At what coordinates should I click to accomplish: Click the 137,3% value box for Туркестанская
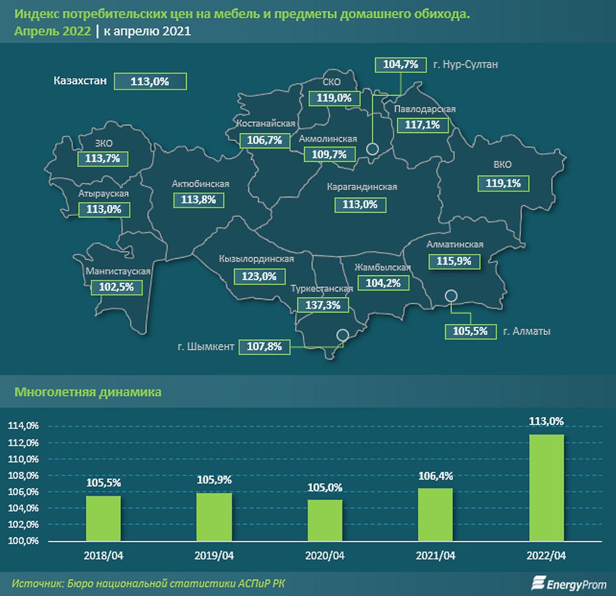[323, 305]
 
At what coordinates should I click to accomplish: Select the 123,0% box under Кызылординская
[259, 276]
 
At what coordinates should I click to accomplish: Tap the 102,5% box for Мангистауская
[117, 287]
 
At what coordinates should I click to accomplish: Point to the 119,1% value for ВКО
[503, 183]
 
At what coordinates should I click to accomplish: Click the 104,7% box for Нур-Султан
[400, 64]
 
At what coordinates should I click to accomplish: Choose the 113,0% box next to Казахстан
[150, 81]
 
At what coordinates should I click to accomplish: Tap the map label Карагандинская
[362, 187]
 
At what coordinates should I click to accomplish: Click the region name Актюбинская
[200, 184]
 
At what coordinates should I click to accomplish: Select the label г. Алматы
[527, 331]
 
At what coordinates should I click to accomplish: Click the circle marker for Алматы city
[451, 296]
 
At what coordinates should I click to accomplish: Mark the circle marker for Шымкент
[342, 335]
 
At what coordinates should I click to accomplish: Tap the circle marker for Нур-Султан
[372, 149]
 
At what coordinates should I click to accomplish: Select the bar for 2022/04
[546, 488]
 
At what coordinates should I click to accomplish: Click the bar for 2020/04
[325, 520]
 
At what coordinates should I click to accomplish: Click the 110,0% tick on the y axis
[23, 459]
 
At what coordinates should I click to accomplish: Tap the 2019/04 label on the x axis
[214, 556]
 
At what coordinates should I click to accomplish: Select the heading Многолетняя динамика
[88, 392]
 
